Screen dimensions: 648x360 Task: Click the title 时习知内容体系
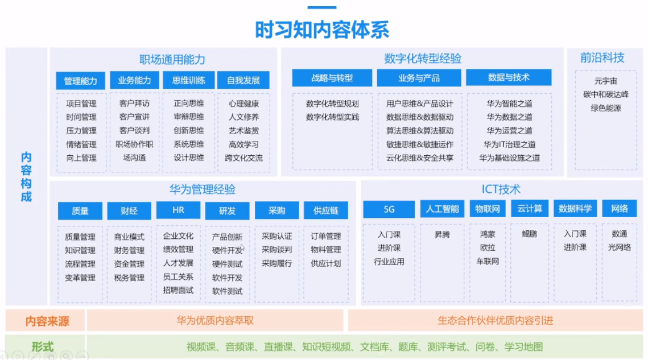322,30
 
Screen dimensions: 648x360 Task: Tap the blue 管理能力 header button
81,81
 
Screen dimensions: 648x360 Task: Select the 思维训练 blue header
188,80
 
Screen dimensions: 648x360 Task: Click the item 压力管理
81,131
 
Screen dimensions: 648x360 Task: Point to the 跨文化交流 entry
244,158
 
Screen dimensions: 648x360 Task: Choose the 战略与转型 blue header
332,78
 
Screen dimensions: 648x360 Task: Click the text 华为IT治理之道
510,144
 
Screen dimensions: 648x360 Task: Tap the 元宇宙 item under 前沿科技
605,81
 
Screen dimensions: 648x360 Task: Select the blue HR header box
178,210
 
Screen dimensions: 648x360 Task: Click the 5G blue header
389,209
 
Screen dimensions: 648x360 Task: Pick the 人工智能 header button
442,209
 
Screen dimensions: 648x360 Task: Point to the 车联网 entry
488,261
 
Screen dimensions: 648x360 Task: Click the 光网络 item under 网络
620,247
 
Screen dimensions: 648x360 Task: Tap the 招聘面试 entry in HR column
178,290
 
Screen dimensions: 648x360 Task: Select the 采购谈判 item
277,250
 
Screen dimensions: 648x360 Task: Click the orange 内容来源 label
47,321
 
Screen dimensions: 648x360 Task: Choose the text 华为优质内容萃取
215,320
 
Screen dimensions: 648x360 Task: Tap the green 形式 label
43,347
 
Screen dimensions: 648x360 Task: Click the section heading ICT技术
501,189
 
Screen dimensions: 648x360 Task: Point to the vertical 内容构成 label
26,177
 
